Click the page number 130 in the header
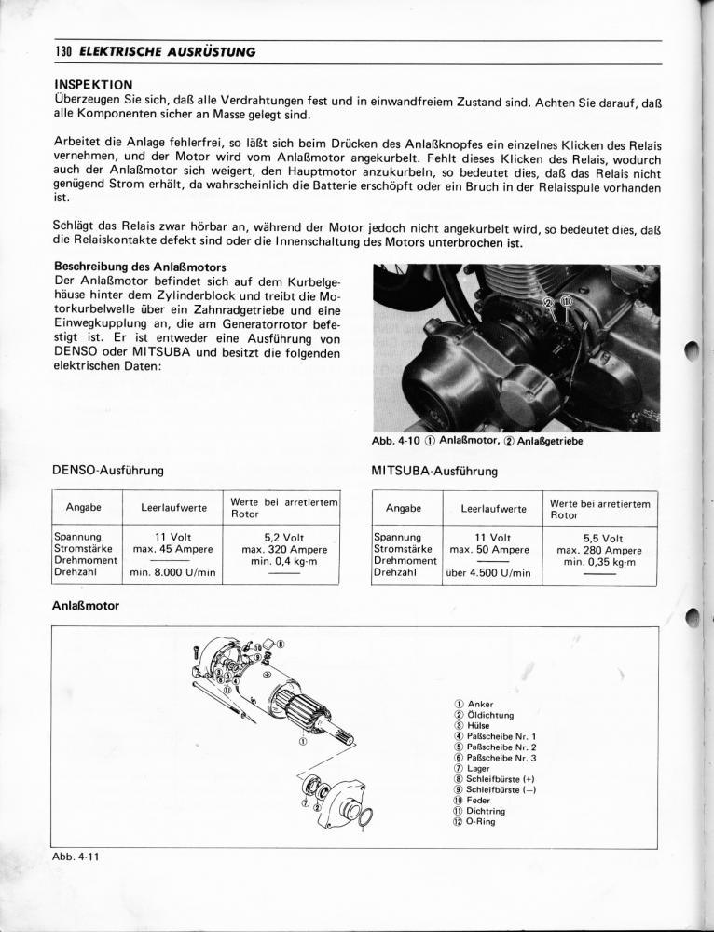click(x=63, y=51)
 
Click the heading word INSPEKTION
click(x=93, y=84)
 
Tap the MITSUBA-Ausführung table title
click(x=434, y=471)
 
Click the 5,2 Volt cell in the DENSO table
click(x=283, y=538)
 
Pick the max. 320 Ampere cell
click(x=283, y=550)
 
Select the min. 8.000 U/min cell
click(x=173, y=572)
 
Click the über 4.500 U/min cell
click(x=488, y=572)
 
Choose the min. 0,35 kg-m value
click(x=599, y=562)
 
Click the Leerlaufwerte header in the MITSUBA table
click(x=493, y=509)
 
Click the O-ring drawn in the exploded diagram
click(x=366, y=817)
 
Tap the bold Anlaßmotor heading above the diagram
click(x=85, y=606)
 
